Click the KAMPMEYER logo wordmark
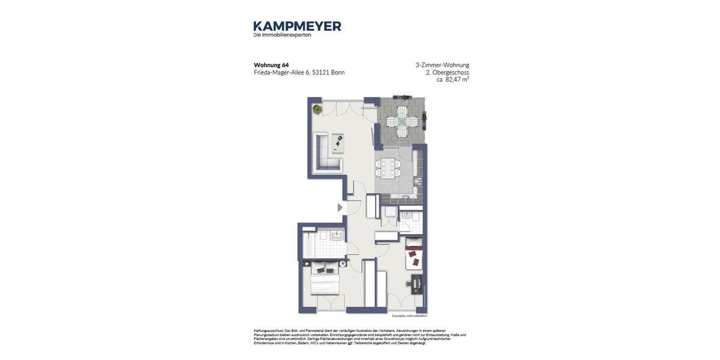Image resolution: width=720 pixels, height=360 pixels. (x=297, y=26)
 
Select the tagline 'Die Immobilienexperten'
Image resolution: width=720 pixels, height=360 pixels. (x=282, y=35)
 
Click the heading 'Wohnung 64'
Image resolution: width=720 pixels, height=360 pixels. (x=271, y=65)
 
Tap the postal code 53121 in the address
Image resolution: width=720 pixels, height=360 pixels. (x=320, y=73)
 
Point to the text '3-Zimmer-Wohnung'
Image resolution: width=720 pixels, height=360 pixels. (x=442, y=65)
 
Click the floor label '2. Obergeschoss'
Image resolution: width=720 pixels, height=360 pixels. (x=447, y=73)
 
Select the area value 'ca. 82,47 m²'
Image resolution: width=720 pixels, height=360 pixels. (x=452, y=80)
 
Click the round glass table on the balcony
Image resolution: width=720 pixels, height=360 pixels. (x=401, y=122)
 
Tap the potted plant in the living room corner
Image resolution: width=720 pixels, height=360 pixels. (x=317, y=109)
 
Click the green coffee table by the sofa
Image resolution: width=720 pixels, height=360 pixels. (x=338, y=143)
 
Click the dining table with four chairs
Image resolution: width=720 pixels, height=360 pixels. (x=388, y=167)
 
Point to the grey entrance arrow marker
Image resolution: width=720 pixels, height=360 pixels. (x=340, y=208)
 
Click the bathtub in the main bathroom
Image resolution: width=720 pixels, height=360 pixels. (x=307, y=244)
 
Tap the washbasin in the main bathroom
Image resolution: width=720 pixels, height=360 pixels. (x=337, y=235)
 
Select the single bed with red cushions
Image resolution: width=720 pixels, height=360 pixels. (x=413, y=253)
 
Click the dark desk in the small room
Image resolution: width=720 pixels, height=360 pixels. (x=416, y=283)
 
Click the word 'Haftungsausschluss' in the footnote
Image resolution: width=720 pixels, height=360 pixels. (x=268, y=331)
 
